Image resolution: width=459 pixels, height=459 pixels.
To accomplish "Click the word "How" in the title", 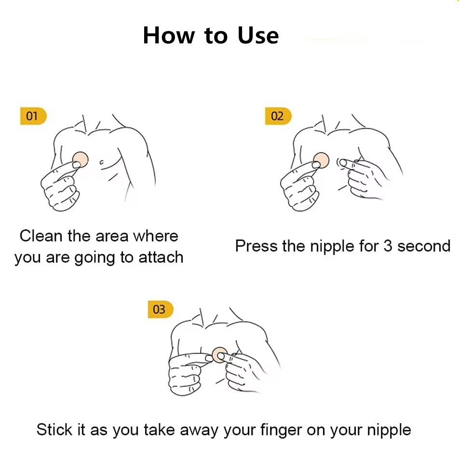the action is tap(169, 35).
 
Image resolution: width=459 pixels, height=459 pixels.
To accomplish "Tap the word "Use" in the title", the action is tap(258, 35).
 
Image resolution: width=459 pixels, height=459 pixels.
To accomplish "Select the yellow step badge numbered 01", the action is tap(33, 116).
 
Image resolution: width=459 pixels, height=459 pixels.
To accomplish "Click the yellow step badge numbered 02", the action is tap(278, 116).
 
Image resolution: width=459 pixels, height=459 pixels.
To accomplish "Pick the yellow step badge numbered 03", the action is tap(161, 309).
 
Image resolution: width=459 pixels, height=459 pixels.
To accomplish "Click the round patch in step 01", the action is tap(81, 159).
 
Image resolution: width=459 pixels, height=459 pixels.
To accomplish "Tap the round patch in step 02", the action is tap(321, 161).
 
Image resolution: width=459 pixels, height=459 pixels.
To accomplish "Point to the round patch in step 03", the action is tap(219, 355).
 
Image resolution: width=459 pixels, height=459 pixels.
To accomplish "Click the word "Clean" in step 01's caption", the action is tap(41, 236).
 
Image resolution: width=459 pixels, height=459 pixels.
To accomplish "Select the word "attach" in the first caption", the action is tap(161, 257).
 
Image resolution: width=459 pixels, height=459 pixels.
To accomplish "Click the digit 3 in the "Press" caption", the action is tap(388, 245).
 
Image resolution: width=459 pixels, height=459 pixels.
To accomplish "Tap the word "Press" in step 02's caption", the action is tap(256, 245).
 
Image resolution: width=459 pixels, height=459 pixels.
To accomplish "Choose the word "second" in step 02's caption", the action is tap(424, 246).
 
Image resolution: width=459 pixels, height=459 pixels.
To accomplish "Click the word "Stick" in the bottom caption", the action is tap(54, 430).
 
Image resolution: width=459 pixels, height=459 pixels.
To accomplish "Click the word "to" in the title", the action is tap(216, 36).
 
